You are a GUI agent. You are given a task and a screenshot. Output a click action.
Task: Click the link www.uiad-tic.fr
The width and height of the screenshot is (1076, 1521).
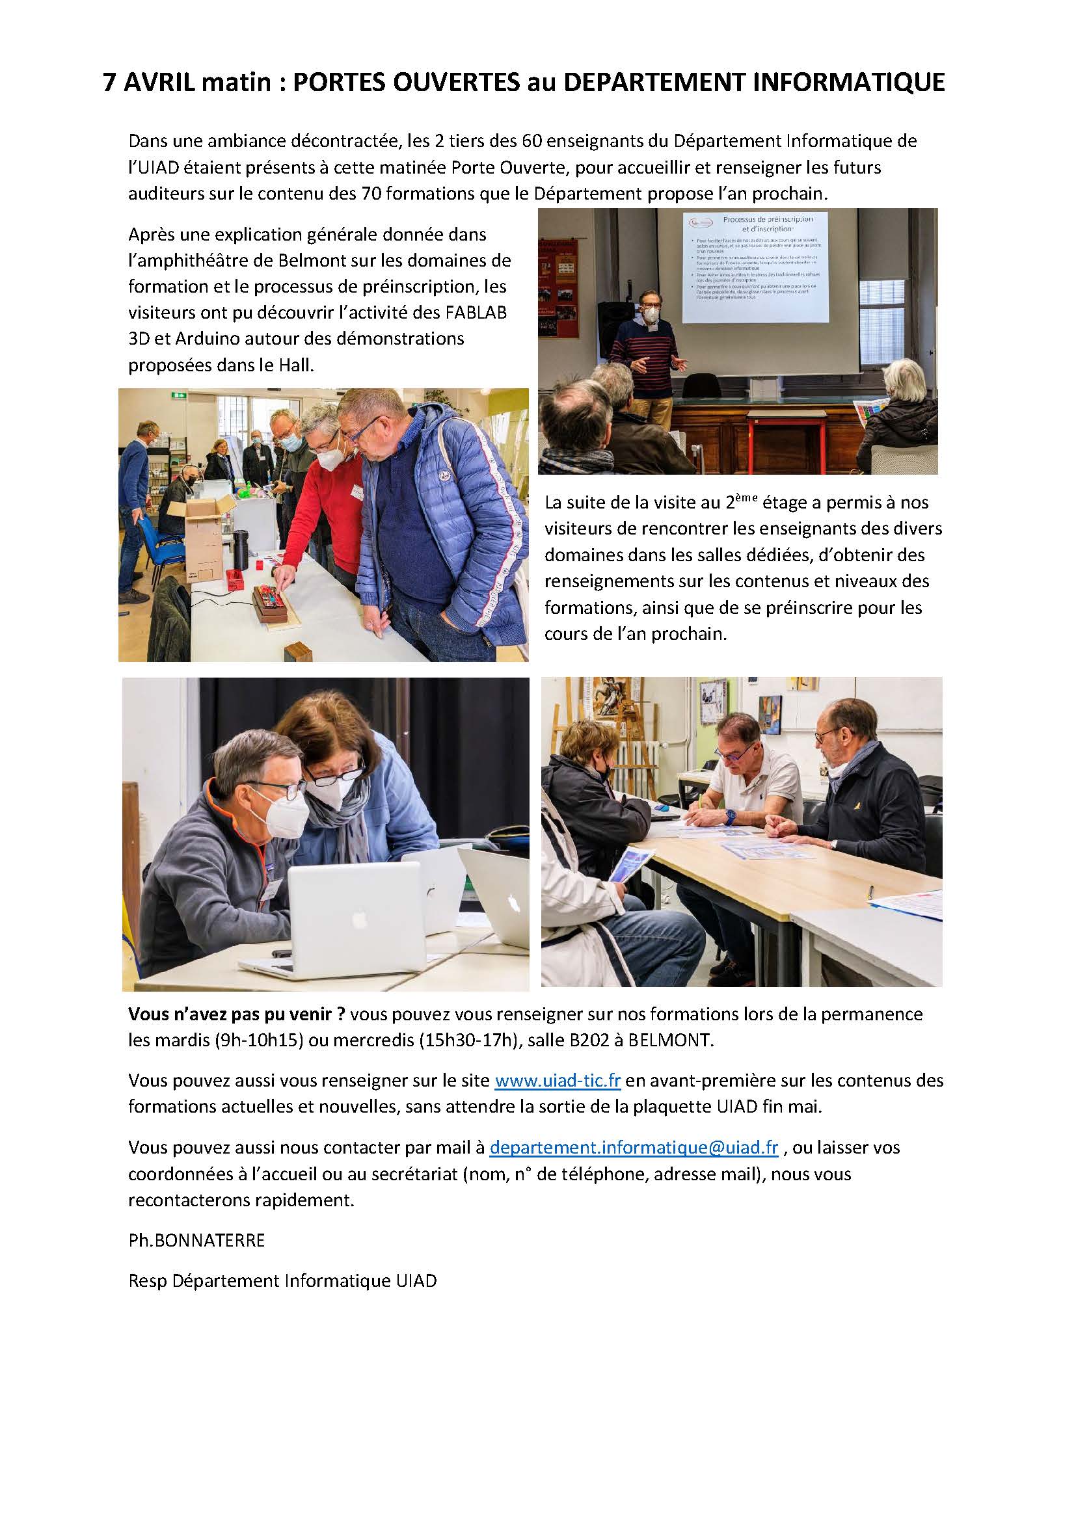click(558, 1081)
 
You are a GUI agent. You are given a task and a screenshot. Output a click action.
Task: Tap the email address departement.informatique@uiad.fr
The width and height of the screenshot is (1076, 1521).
click(634, 1147)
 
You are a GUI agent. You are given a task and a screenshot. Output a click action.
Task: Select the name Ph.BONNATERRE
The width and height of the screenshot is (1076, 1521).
click(196, 1241)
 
